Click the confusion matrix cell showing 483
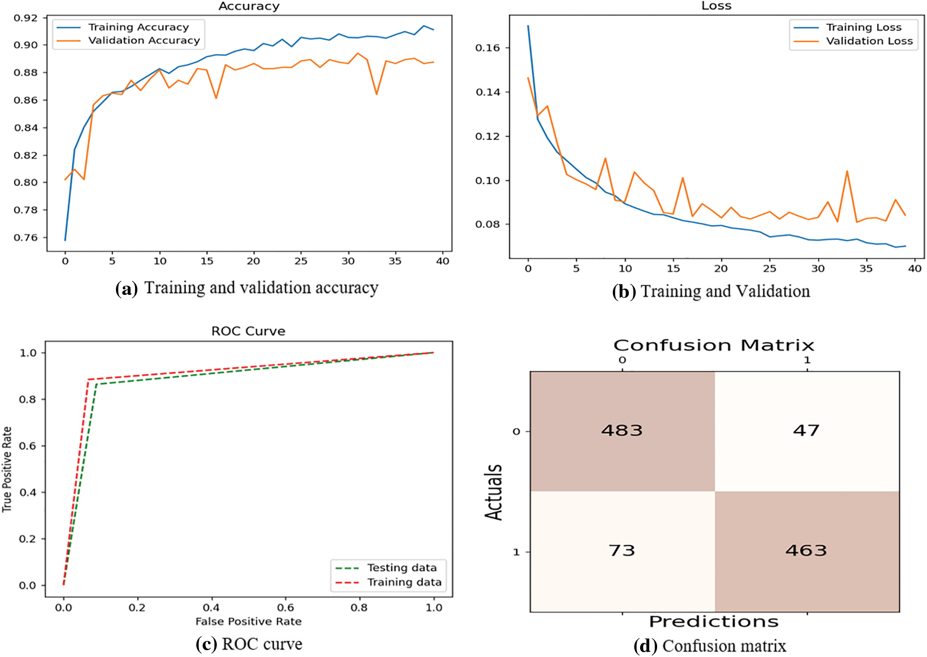tap(622, 431)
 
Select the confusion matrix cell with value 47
tap(806, 431)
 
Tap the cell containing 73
tap(622, 550)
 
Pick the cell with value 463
tap(806, 550)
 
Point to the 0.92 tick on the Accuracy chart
tap(25, 18)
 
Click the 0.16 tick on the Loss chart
tap(487, 48)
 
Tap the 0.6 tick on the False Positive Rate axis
tap(285, 607)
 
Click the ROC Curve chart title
tap(248, 331)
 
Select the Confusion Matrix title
tap(714, 346)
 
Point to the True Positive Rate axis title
tap(7, 469)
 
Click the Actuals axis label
tap(493, 492)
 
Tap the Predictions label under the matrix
tap(714, 622)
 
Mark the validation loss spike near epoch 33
tap(847, 171)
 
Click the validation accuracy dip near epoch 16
tap(216, 98)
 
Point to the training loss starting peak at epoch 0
tap(528, 26)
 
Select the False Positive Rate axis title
tap(248, 621)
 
